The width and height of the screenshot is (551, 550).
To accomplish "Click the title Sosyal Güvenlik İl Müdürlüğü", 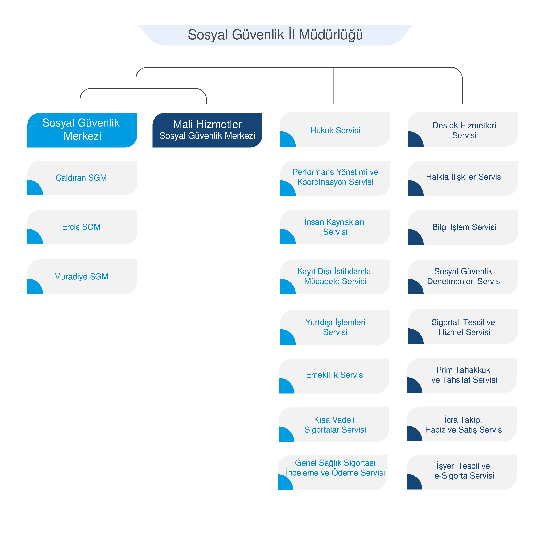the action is pyautogui.click(x=275, y=35).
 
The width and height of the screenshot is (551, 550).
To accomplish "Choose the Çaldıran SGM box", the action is pyautogui.click(x=82, y=178).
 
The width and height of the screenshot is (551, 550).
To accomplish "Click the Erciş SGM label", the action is pyautogui.click(x=81, y=227).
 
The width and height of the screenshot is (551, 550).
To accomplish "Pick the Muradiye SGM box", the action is pyautogui.click(x=82, y=277).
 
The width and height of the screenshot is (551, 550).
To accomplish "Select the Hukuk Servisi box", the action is pyautogui.click(x=335, y=129).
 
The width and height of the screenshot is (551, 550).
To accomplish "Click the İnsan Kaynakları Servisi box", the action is pyautogui.click(x=335, y=227).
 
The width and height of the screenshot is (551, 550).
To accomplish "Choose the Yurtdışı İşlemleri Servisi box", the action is pyautogui.click(x=335, y=327).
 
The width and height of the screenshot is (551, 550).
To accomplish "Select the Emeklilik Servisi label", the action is pyautogui.click(x=335, y=375).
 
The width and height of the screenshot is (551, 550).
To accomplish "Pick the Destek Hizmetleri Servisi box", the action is pyautogui.click(x=463, y=129).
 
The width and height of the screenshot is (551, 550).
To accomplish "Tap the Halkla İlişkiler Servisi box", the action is pyautogui.click(x=463, y=178).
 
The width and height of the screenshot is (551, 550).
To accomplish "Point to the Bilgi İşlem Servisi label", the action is pyautogui.click(x=464, y=227).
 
